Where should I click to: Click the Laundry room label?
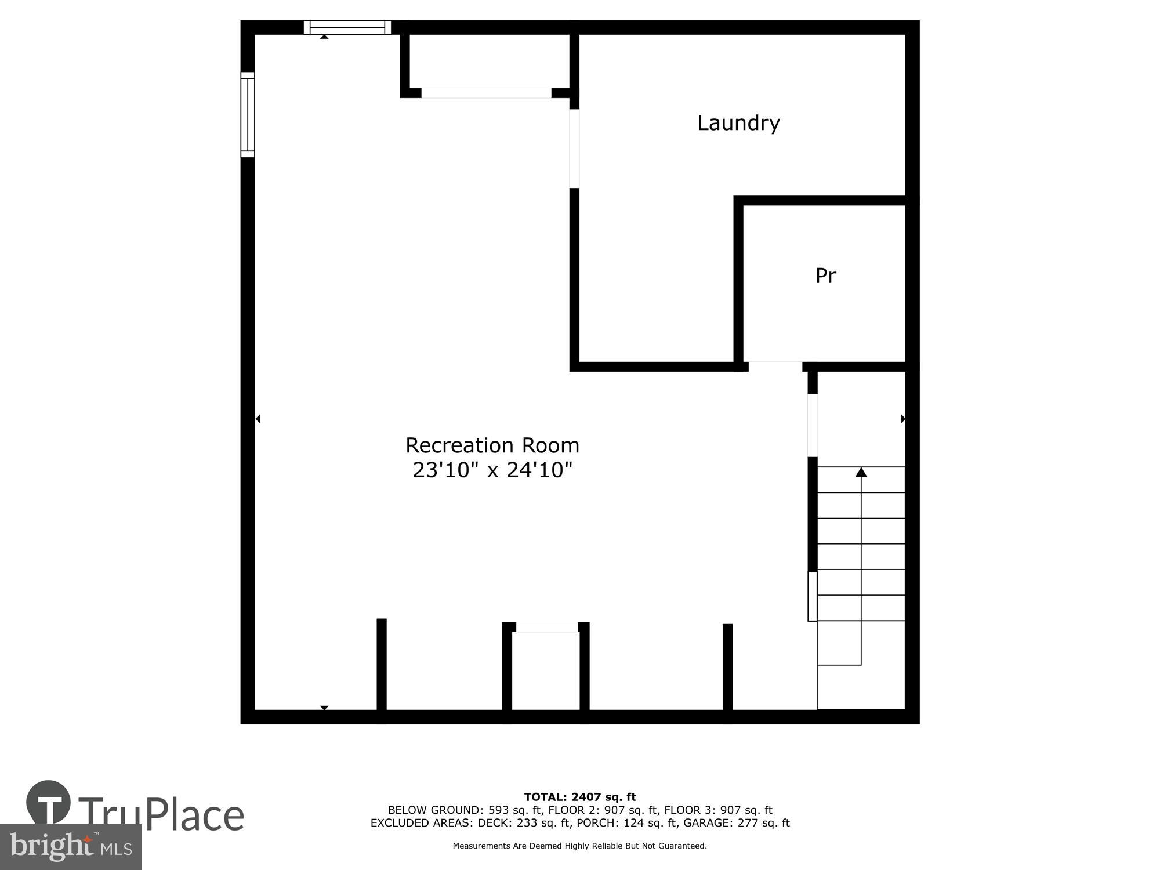click(x=738, y=123)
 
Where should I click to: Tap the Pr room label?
click(x=825, y=275)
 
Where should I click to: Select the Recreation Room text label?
click(x=492, y=445)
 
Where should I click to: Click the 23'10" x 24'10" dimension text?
click(x=492, y=470)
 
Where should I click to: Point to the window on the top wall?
click(x=347, y=27)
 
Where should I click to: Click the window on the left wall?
click(x=248, y=114)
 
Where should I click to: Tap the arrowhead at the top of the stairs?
click(x=861, y=473)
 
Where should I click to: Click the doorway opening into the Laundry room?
click(x=574, y=148)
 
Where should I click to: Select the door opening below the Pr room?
click(x=775, y=367)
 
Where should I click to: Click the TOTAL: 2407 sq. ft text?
click(x=579, y=797)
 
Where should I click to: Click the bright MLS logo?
click(x=71, y=847)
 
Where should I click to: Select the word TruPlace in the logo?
click(x=161, y=815)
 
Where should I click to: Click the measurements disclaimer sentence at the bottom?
click(x=579, y=846)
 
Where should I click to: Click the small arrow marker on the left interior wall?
click(x=258, y=419)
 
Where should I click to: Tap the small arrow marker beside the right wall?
click(x=903, y=419)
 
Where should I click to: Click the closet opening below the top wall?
click(x=486, y=93)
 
